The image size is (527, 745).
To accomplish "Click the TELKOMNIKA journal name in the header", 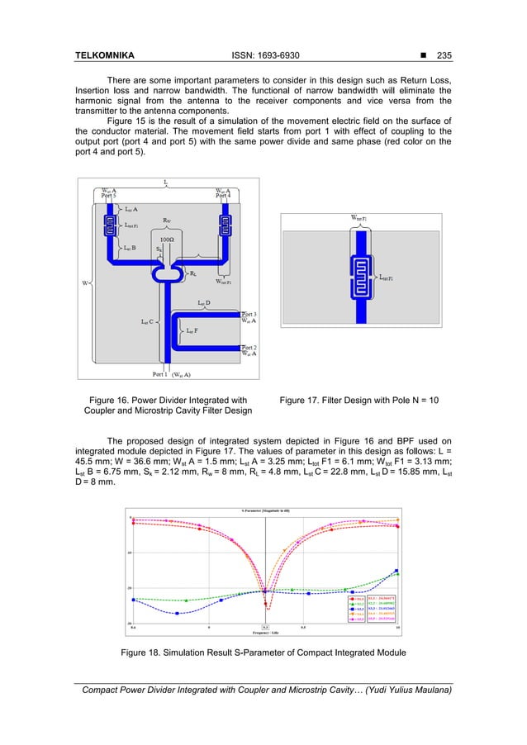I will (104, 57).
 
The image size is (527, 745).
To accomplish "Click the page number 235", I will (447, 57).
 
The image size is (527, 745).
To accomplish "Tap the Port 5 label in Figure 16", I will (108, 195).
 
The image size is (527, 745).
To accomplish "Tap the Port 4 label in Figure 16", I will (222, 195).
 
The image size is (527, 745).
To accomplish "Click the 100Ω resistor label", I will (166, 237).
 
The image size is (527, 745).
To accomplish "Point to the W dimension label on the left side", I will (85, 283).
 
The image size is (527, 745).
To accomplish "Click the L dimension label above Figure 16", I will (166, 179).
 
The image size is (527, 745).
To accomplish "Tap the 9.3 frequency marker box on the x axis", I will (265, 628).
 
